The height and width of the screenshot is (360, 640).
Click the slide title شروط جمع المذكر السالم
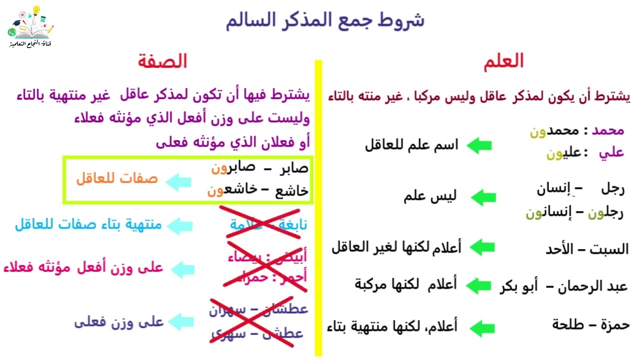coord(324,20)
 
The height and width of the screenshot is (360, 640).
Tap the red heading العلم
coord(503,61)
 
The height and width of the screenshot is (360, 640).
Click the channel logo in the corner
coord(30,27)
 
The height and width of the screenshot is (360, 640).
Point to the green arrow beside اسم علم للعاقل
coord(479,145)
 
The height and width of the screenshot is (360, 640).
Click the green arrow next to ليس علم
coord(483,197)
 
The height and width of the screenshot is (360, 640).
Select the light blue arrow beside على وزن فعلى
coord(179,322)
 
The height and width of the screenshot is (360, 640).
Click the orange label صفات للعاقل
coord(116,178)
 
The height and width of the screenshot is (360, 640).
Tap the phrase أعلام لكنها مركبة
coord(405,284)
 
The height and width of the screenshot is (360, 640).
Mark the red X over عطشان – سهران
coord(258,320)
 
